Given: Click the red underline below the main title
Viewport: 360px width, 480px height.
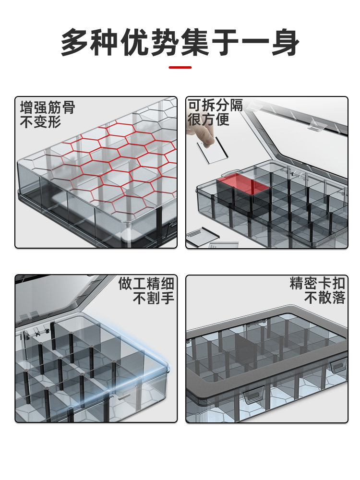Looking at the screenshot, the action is pyautogui.click(x=180, y=67).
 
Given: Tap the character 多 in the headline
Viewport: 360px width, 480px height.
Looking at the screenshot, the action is pyautogui.click(x=75, y=42).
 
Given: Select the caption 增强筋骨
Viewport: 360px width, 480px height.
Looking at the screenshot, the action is pyautogui.click(x=48, y=108).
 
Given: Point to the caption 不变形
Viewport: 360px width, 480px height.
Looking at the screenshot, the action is pyautogui.click(x=41, y=122).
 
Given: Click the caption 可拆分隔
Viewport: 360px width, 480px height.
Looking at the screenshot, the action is pyautogui.click(x=215, y=105).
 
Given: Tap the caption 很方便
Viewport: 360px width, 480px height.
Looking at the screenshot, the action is pyautogui.click(x=208, y=120).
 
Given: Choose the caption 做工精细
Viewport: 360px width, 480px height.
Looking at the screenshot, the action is pyautogui.click(x=146, y=284).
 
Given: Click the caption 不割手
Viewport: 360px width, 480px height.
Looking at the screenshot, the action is pyautogui.click(x=154, y=298).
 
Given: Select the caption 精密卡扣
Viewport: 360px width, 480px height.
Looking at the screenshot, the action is pyautogui.click(x=317, y=283).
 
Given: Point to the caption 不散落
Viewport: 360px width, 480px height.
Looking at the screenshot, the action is pyautogui.click(x=324, y=298).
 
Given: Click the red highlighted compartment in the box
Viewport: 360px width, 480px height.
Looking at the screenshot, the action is pyautogui.click(x=243, y=183).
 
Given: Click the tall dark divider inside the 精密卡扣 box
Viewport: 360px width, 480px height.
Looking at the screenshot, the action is pyautogui.click(x=245, y=351).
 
